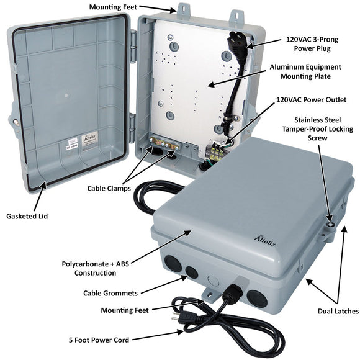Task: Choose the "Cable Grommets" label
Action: tap(110, 292)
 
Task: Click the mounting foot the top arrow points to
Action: tap(184, 11)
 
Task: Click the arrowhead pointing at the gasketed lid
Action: tap(42, 186)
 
